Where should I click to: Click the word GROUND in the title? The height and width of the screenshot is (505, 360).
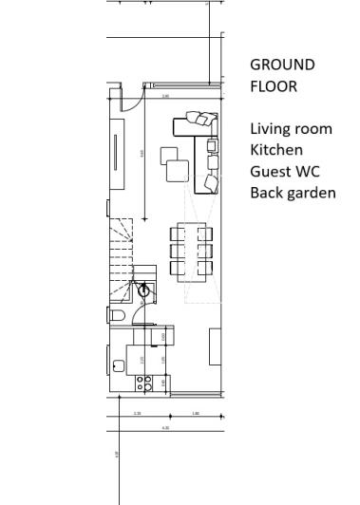click(x=281, y=65)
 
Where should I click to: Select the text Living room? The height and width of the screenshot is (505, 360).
click(x=291, y=128)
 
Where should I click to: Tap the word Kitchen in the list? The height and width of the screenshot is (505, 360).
click(x=276, y=150)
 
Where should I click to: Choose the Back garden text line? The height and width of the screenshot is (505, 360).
click(x=293, y=194)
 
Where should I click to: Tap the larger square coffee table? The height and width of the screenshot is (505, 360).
click(x=178, y=172)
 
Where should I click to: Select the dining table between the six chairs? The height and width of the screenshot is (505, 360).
click(x=191, y=251)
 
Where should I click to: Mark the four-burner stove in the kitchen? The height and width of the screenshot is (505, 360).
click(x=144, y=383)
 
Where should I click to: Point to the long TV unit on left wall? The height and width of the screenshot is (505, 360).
click(x=116, y=152)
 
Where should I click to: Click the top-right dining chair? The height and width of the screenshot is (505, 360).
click(x=205, y=234)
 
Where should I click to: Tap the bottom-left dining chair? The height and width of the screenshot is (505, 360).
click(x=178, y=268)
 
